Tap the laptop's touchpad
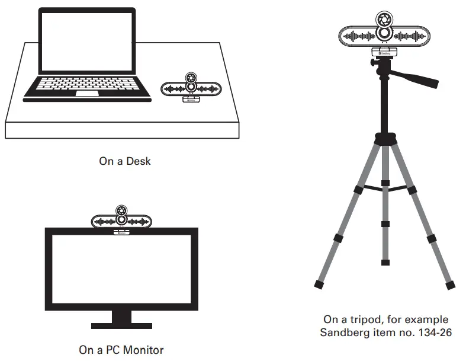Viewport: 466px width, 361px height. click(x=87, y=93)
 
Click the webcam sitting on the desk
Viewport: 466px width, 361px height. click(x=191, y=88)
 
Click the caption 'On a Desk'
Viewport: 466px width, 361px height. click(x=124, y=161)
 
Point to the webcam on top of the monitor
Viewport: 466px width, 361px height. click(x=121, y=221)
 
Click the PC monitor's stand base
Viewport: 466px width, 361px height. click(x=121, y=325)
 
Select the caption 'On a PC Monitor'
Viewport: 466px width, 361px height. click(x=121, y=350)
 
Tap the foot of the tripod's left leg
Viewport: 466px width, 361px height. click(x=319, y=285)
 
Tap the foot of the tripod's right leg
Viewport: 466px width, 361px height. click(x=451, y=285)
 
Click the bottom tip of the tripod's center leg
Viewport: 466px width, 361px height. click(x=385, y=261)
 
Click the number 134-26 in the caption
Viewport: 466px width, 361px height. click(x=432, y=332)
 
